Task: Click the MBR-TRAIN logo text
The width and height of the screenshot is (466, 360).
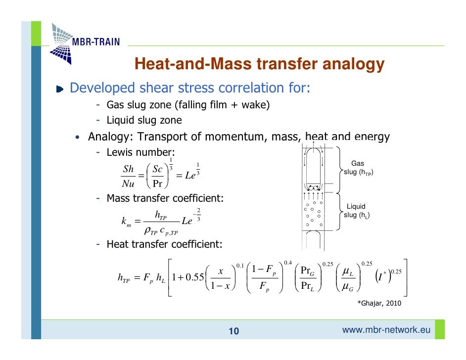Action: pos(96,42)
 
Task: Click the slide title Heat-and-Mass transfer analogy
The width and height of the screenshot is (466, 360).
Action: pos(259,64)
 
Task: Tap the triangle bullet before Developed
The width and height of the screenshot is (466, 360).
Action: pos(60,90)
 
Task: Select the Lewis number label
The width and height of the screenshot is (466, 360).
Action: pos(141,152)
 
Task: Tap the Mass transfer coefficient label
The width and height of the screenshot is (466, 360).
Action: pos(165,199)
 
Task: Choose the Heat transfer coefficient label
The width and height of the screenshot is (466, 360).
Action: pos(164,244)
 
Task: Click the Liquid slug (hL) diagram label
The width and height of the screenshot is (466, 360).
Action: pos(357,211)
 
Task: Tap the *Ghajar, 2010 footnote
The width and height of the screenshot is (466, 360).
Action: pos(379,303)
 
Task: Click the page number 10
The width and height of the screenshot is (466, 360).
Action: pos(233,331)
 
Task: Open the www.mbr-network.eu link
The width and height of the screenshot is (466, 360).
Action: pos(386,330)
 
